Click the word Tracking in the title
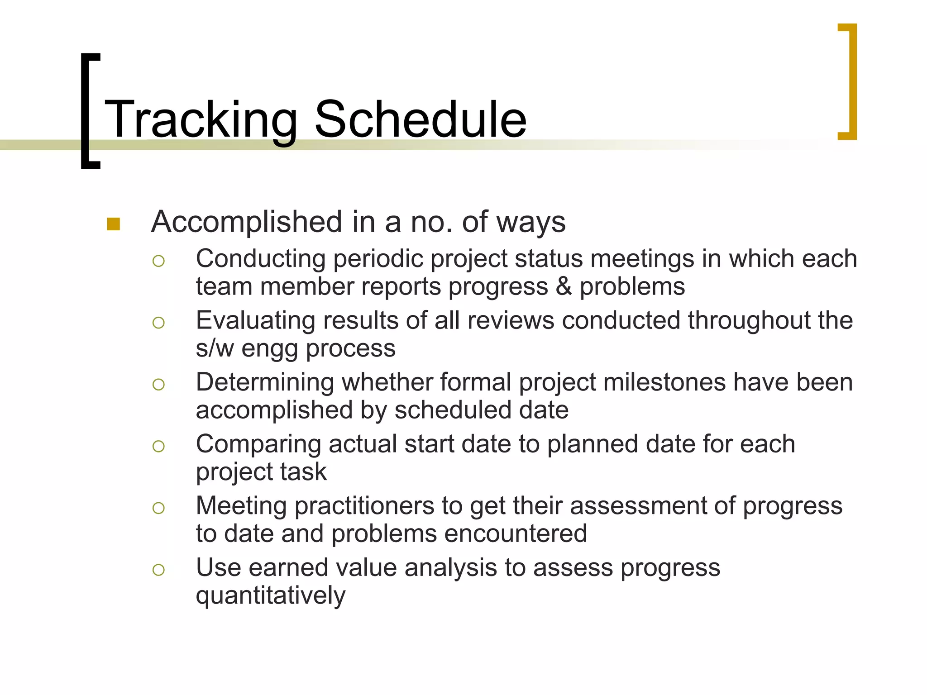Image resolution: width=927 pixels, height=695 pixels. pyautogui.click(x=201, y=120)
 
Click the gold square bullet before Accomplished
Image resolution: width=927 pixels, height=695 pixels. pyautogui.click(x=113, y=224)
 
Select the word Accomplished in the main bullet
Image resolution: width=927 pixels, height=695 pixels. pyautogui.click(x=246, y=222)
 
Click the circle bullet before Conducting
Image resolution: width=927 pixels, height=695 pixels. pyautogui.click(x=158, y=261)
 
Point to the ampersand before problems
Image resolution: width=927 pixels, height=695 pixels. pyautogui.click(x=564, y=286)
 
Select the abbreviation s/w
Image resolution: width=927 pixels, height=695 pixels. pyautogui.click(x=215, y=348)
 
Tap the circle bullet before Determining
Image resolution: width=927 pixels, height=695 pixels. pyautogui.click(x=158, y=385)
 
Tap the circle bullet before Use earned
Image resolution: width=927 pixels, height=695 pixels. pyautogui.click(x=158, y=570)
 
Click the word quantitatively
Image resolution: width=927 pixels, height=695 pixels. pyautogui.click(x=270, y=596)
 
